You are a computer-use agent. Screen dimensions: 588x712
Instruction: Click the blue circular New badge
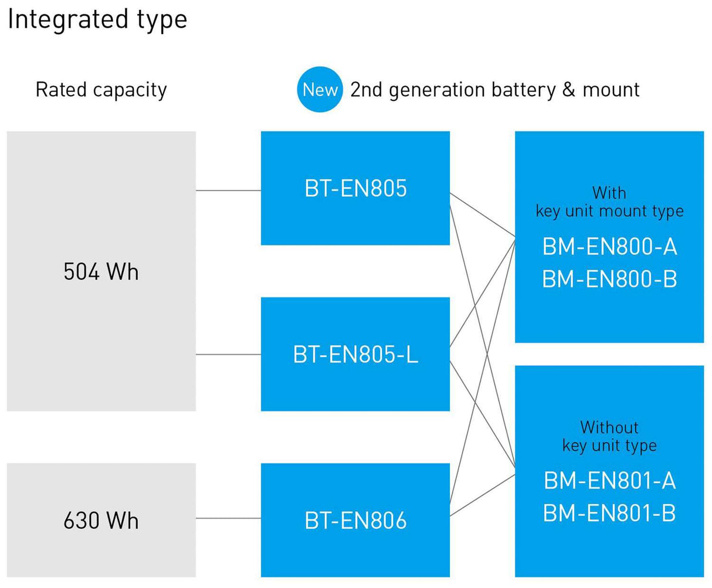[x=320, y=90]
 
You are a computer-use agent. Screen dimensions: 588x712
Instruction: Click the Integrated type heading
[x=97, y=19]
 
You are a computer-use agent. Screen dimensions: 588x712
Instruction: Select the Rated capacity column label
[x=101, y=90]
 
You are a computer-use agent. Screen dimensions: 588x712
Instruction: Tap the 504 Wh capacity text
[x=101, y=272]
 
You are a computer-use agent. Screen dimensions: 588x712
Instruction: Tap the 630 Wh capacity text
[x=101, y=521]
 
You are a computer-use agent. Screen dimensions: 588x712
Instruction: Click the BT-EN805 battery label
[x=355, y=188]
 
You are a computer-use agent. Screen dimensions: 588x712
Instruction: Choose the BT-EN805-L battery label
[x=355, y=355]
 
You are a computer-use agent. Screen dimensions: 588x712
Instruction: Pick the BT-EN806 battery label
[x=355, y=521]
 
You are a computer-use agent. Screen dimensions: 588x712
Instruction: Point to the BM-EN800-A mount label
[x=609, y=247]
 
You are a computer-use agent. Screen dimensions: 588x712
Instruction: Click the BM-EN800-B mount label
[x=609, y=279]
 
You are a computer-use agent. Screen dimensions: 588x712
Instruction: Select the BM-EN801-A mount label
[x=609, y=481]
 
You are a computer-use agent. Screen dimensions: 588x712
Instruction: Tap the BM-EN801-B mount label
[x=609, y=513]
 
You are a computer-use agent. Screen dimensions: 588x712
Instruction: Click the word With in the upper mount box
[x=609, y=192]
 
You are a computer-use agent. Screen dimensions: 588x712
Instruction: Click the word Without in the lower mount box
[x=609, y=427]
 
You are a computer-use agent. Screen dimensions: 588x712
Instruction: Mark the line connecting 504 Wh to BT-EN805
[x=228, y=191]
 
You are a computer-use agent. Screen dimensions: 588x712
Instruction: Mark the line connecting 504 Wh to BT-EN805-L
[x=228, y=355]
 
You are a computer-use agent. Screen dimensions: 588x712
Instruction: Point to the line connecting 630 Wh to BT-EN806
[x=228, y=518]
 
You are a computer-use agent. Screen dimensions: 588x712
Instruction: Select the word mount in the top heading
[x=611, y=90]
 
